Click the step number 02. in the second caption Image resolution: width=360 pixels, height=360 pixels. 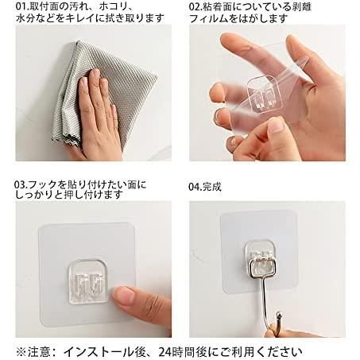click(196, 6)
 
